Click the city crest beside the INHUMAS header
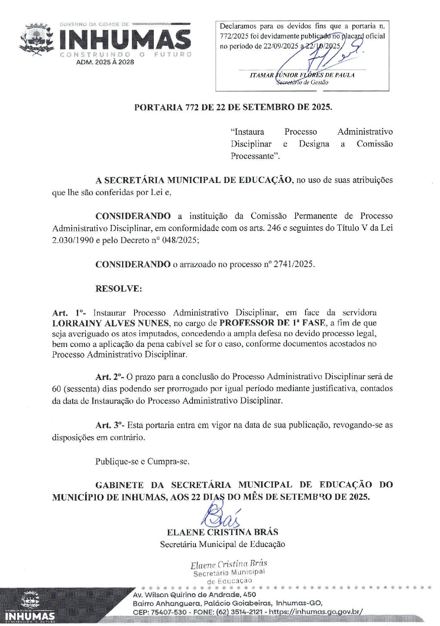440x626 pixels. click(x=37, y=40)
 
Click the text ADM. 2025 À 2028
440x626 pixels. click(x=105, y=62)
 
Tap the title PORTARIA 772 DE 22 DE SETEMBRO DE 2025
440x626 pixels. click(x=233, y=107)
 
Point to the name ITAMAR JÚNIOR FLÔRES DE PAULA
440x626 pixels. click(x=302, y=75)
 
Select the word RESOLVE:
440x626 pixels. click(x=119, y=289)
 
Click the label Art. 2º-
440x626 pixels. click(x=110, y=377)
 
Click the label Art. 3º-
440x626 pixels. click(x=110, y=425)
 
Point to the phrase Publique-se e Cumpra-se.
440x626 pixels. click(x=142, y=462)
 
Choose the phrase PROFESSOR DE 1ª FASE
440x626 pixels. click(x=272, y=323)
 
